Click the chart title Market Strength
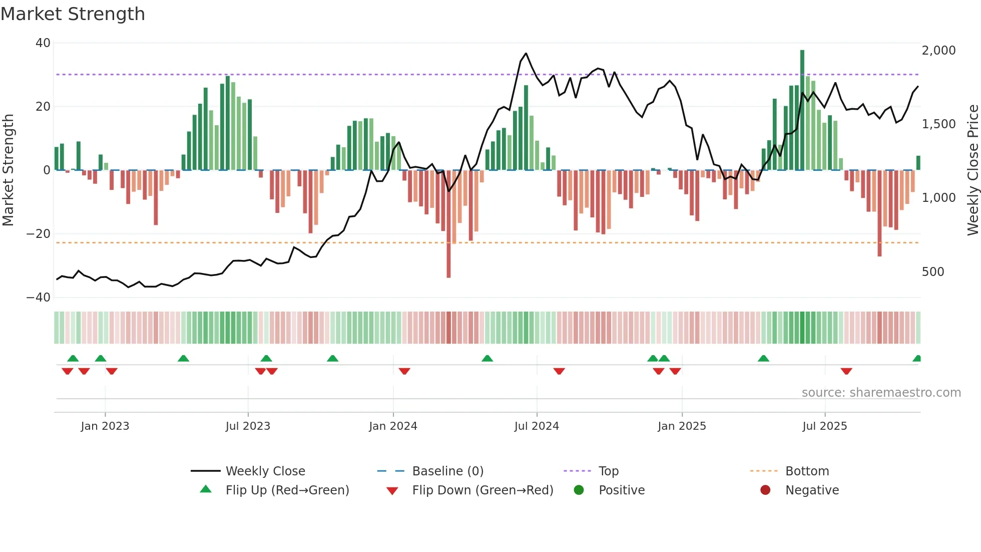(73, 14)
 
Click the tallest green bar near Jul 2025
(802, 110)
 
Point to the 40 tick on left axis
(43, 43)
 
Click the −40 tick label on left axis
(39, 298)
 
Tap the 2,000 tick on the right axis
(938, 51)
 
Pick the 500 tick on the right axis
(933, 272)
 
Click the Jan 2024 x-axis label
(393, 426)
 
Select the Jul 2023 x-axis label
(248, 426)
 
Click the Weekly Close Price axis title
(972, 170)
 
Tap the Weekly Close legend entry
(265, 471)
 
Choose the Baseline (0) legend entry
(447, 471)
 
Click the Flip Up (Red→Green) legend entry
(287, 490)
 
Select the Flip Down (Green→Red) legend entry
(482, 490)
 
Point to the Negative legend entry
(811, 490)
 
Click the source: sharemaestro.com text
(881, 393)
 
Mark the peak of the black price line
(526, 53)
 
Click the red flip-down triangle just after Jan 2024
(404, 371)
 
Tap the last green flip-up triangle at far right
(917, 358)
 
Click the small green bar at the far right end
(918, 163)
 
